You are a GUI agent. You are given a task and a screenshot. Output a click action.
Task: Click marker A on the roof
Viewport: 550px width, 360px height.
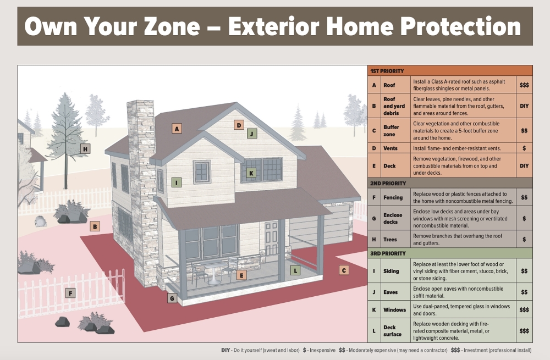[177, 129]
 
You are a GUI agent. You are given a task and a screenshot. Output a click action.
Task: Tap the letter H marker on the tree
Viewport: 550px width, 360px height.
[85, 149]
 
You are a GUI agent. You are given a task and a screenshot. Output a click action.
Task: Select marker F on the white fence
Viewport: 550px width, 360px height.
[70, 293]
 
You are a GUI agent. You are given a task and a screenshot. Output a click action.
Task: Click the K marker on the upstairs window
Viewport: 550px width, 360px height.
[251, 173]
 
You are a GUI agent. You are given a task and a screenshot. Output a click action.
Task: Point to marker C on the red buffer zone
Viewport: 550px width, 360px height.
[344, 270]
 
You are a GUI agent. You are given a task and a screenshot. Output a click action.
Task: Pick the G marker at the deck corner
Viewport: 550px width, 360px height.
[172, 298]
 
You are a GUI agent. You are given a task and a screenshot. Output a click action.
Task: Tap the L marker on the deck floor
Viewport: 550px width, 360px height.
[295, 270]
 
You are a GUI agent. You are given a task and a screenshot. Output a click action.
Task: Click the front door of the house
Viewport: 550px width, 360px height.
[272, 238]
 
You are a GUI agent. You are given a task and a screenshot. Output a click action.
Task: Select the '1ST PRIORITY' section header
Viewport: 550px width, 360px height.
[387, 71]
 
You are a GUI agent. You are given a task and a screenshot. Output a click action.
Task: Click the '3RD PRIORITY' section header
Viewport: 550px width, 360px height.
[388, 253]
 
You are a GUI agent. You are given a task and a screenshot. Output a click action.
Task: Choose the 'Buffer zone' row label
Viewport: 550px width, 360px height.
[391, 131]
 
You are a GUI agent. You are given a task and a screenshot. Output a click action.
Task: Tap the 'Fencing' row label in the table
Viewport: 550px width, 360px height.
[393, 197]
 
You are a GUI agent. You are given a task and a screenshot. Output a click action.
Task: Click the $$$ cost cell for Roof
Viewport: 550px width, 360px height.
[524, 85]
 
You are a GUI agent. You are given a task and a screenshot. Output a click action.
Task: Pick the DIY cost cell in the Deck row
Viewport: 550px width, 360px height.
[524, 166]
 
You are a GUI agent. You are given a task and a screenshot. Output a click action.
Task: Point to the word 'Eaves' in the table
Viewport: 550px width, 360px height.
[391, 292]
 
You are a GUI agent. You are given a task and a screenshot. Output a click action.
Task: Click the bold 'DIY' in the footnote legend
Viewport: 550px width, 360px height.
[226, 350]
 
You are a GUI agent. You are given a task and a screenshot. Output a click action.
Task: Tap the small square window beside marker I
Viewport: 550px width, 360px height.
[202, 172]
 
